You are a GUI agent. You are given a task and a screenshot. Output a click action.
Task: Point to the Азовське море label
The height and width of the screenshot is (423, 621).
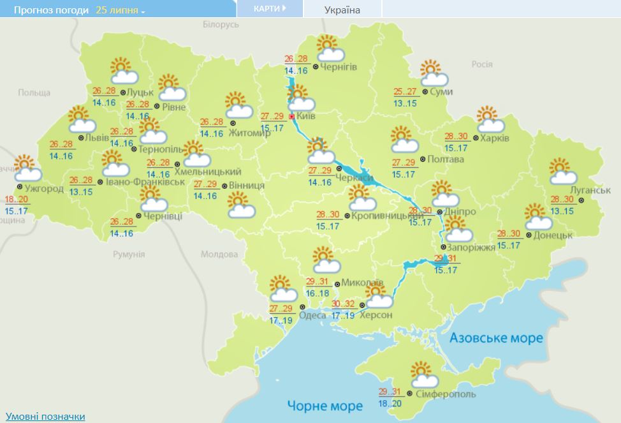[496, 338]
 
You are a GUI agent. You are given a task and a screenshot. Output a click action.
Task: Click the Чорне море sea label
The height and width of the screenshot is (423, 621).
[325, 405]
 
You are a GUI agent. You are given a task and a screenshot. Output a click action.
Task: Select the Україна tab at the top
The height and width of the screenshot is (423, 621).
[342, 10]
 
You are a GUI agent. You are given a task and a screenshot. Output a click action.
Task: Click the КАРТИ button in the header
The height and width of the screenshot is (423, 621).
[269, 9]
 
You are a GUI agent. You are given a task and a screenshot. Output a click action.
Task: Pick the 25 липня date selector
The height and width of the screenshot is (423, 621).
[120, 11]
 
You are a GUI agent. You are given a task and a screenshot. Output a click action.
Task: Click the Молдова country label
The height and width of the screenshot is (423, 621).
[219, 254]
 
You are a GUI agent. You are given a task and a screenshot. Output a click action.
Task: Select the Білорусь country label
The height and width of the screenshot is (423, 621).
[221, 24]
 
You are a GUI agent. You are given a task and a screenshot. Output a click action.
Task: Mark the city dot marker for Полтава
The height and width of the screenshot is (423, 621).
[424, 160]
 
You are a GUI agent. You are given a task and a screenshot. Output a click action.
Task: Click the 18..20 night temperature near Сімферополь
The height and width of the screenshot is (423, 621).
[389, 404]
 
